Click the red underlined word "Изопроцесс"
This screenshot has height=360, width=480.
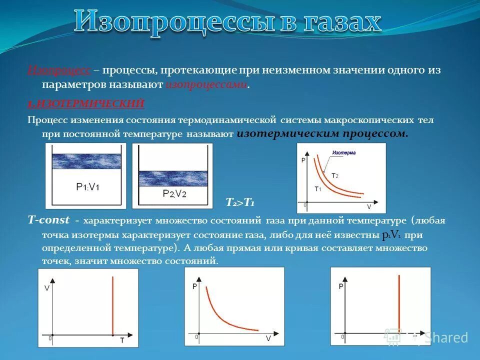pyautogui.click(x=59, y=71)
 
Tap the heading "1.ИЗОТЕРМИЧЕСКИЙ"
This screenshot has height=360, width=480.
pyautogui.click(x=86, y=103)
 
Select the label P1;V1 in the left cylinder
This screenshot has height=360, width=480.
pyautogui.click(x=87, y=186)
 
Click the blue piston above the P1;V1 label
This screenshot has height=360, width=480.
pyautogui.click(x=86, y=161)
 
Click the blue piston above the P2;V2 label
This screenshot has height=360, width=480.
pyautogui.click(x=172, y=178)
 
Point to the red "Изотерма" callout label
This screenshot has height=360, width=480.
pyautogui.click(x=344, y=152)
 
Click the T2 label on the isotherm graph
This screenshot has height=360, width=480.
pyautogui.click(x=335, y=175)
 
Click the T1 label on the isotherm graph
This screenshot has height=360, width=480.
pyautogui.click(x=317, y=188)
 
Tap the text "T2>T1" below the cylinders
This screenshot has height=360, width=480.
pyautogui.click(x=240, y=202)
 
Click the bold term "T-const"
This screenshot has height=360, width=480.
pyautogui.click(x=48, y=220)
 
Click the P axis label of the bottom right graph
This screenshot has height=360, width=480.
pyautogui.click(x=340, y=286)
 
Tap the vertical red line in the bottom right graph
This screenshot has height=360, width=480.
pyautogui.click(x=398, y=305)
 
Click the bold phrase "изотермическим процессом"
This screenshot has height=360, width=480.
pyautogui.click(x=322, y=134)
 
